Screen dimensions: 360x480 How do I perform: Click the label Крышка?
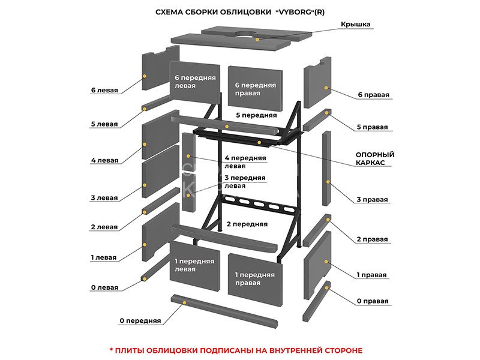click(355, 24)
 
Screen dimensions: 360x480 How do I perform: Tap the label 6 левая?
click(104, 90)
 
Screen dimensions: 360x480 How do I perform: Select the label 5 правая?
click(372, 127)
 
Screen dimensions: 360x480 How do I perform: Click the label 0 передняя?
click(140, 321)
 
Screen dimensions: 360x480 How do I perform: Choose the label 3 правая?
click(372, 199)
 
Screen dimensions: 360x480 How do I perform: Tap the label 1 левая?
click(104, 257)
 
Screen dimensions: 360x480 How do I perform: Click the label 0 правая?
click(372, 301)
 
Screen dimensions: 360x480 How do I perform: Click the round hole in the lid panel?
click(245, 32)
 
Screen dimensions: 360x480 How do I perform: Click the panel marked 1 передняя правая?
click(255, 278)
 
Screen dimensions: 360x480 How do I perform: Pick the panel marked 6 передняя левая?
click(193, 82)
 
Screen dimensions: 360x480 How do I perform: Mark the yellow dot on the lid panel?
click(257, 39)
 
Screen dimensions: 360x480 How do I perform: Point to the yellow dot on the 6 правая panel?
click(326, 88)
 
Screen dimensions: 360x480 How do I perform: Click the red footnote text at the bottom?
click(236, 350)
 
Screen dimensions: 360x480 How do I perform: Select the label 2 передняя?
click(247, 224)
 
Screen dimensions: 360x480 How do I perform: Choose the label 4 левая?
click(104, 160)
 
